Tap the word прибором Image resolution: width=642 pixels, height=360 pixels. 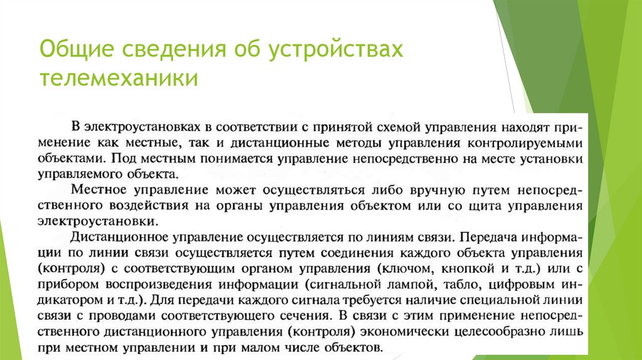(x=64, y=286)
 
